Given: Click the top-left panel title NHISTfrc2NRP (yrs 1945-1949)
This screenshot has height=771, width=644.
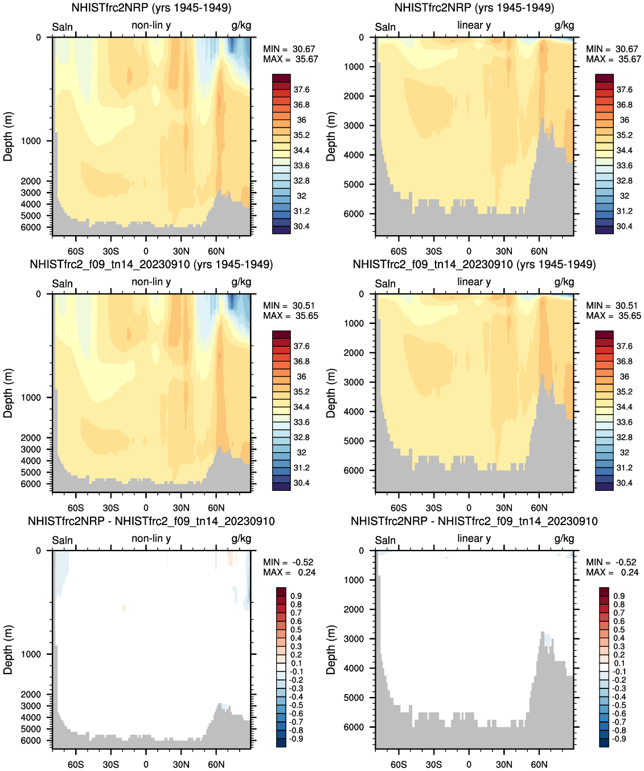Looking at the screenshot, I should pos(151,8).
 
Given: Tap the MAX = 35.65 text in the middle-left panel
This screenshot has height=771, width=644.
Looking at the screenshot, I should pos(290,316).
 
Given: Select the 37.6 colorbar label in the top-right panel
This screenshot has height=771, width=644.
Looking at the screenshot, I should pos(625,89).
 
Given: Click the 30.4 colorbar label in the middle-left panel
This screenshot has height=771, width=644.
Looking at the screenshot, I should pos(301,483).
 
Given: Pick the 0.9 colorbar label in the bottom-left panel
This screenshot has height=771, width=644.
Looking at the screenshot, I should pos(296,596).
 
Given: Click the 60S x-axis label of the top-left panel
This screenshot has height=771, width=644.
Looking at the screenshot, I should pos(76,251).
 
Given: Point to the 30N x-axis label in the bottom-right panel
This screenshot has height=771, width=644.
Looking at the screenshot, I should pos(504,764).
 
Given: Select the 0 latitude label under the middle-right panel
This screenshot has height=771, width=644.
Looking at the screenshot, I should pos(469,508).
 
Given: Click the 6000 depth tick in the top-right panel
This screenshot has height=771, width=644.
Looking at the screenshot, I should pos(354,214).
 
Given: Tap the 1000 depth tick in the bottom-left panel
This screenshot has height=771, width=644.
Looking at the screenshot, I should pos(31,654).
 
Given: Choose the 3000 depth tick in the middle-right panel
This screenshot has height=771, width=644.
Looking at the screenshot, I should pos(354,382).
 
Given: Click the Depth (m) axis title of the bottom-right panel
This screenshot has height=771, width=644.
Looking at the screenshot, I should pos(331,650).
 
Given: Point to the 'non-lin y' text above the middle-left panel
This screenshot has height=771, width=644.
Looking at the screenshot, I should pos(151,282).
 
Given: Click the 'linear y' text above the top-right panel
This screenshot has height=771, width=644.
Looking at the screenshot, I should pos(474,25).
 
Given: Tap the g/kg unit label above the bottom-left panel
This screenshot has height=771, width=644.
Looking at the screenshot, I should pos(241,539).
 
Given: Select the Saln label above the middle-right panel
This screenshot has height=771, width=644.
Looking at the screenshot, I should pos(385,284).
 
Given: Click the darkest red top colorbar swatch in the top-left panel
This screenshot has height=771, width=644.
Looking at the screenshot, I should pos(281,78).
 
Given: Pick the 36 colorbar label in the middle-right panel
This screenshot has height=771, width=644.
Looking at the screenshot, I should pos(625,376).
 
